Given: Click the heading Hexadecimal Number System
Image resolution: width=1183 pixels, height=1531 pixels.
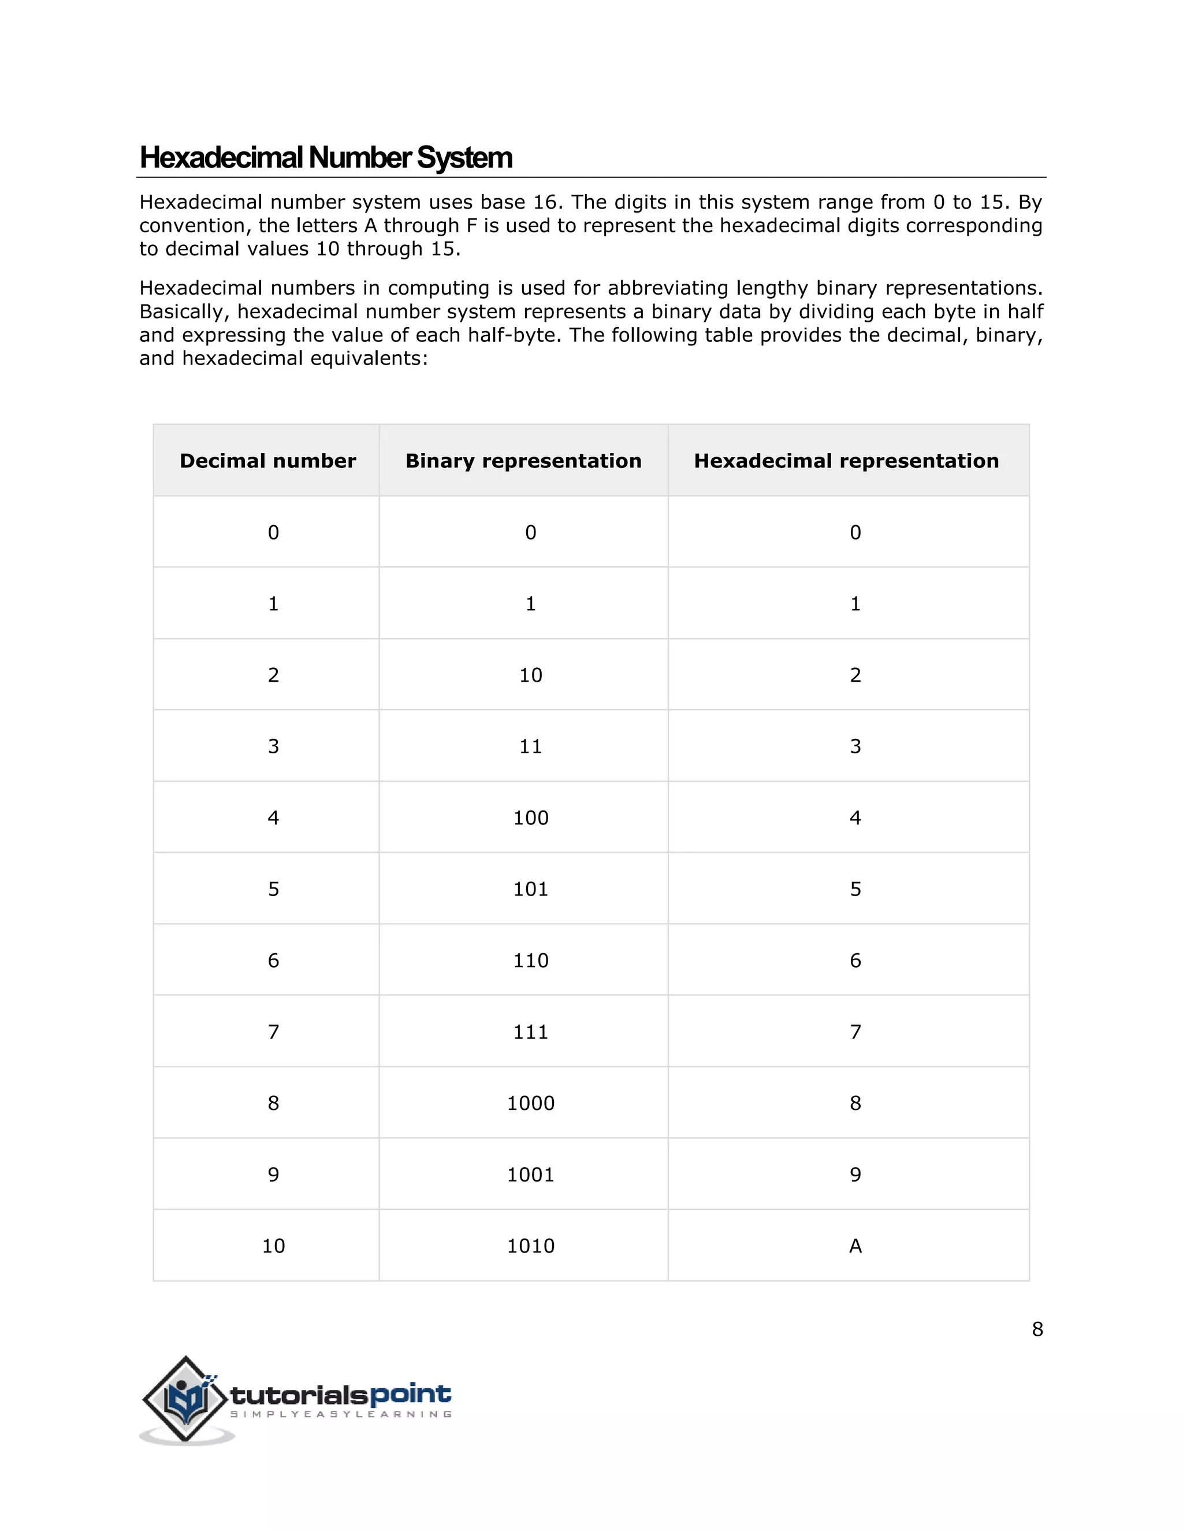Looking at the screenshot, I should point(326,158).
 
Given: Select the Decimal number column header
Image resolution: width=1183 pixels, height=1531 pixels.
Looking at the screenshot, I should point(267,460).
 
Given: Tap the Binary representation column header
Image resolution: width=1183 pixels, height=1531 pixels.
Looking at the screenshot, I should point(523,460).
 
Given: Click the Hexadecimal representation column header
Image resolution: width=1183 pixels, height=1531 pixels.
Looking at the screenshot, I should point(847,460).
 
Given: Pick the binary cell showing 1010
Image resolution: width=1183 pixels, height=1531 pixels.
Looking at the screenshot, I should point(530,1246).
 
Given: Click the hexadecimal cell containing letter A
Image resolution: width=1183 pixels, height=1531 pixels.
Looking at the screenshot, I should point(855,1246).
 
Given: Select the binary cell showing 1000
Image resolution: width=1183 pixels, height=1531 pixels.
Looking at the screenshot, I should point(530,1103).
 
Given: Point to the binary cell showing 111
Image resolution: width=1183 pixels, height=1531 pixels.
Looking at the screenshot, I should point(530,1031).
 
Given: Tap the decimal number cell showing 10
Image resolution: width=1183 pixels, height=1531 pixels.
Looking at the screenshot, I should point(273,1246).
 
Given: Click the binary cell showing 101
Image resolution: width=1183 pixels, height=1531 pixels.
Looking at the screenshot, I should point(530,889).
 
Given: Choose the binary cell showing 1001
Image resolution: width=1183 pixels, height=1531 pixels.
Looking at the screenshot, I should point(530,1174).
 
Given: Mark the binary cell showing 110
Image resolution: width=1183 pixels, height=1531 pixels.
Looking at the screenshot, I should point(530,960).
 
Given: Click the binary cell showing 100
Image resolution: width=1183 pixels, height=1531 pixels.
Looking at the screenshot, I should point(530,817).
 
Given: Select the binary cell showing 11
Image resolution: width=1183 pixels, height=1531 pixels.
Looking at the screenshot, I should point(530,746).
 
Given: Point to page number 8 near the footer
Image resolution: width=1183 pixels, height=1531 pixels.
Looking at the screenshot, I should point(1037,1329).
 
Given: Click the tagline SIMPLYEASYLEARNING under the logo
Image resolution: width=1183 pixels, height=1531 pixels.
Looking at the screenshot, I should point(341,1414).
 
